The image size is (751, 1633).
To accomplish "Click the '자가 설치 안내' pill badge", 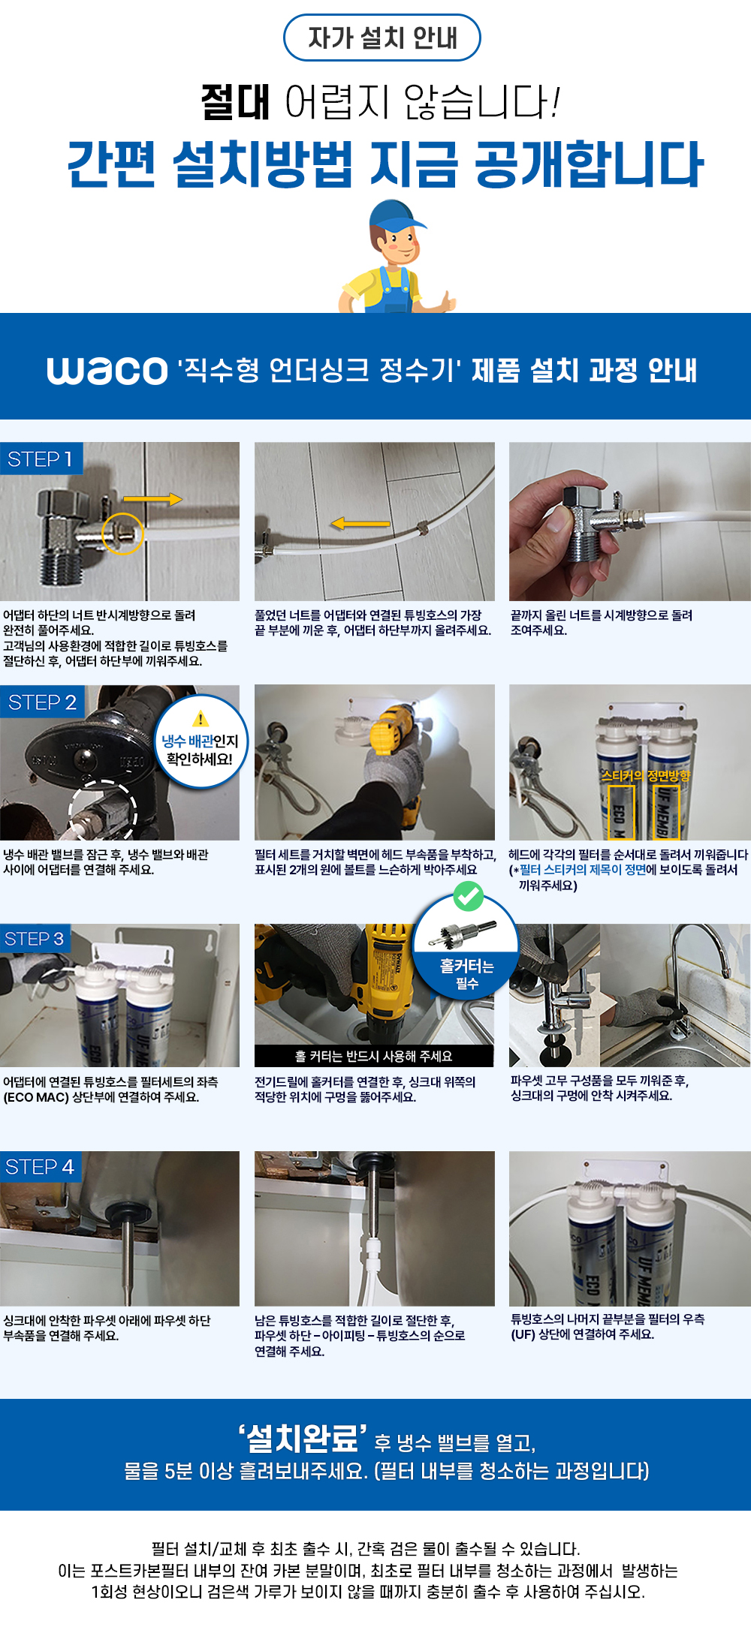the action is tap(382, 38).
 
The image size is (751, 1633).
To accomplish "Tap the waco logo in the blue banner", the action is tap(107, 371).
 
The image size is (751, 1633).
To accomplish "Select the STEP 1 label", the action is tap(41, 459).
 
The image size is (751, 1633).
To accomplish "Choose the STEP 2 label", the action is tap(42, 702).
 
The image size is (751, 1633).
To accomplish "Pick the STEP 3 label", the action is tap(35, 939).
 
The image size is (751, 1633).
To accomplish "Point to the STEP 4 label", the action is tap(40, 1167).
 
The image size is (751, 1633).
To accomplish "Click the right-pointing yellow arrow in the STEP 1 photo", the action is tap(152, 499).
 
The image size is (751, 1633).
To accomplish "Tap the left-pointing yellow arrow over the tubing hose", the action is tap(360, 523).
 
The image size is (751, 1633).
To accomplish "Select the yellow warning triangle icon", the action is tap(201, 719).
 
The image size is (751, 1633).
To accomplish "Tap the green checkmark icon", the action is tap(468, 895).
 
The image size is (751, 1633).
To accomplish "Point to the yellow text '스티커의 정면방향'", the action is tap(646, 775).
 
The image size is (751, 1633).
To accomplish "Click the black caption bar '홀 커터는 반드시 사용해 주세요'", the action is tap(374, 1056).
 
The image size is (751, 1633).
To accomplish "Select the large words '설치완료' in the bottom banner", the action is tap(303, 1438).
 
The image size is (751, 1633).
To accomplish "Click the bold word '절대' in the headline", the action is tap(235, 102).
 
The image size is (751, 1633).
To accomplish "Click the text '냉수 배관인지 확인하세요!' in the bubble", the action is tap(201, 750).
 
